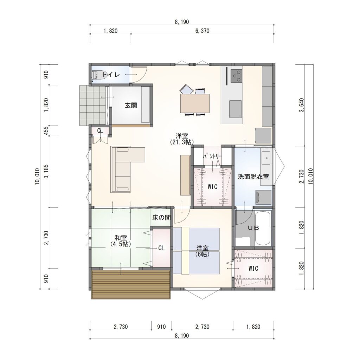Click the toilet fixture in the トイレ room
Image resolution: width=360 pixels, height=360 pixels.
98,75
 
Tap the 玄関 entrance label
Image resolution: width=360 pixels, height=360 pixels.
131,105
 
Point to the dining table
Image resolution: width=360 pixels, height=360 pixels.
195,103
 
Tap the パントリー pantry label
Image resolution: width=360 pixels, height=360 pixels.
212,156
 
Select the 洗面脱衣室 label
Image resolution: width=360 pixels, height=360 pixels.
253,177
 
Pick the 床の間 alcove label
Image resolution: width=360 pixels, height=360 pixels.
161,217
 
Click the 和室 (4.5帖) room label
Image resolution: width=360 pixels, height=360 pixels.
121,241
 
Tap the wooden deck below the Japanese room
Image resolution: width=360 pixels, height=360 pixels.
131,284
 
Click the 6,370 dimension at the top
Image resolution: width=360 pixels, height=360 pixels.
202,31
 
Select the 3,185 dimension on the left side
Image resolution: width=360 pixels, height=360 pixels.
47,171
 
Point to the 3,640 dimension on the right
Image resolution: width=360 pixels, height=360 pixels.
301,105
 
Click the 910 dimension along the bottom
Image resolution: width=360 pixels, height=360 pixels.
161,327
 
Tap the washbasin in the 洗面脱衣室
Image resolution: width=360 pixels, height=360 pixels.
266,158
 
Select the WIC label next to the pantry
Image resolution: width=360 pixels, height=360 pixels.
212,187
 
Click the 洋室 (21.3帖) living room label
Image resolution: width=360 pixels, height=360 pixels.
182,139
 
